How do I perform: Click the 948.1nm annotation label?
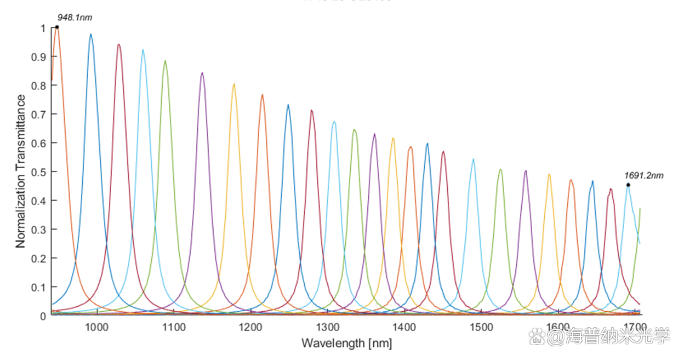point(75,18)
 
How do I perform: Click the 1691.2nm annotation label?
point(644,175)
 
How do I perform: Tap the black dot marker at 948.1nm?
point(57,27)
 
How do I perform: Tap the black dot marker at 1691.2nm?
point(628,185)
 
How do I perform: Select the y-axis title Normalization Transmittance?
point(21,171)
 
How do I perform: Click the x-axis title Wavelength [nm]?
point(346,344)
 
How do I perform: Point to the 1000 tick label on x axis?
point(96,327)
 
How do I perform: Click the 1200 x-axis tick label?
point(250,327)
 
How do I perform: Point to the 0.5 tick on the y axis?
point(39,172)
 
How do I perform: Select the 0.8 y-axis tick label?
point(39,85)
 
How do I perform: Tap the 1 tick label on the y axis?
point(43,27)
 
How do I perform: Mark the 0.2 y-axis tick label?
point(39,258)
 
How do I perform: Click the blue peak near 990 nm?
point(91,35)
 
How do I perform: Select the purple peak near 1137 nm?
point(202,73)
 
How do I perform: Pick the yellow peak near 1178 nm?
point(234,84)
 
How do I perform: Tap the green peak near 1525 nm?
point(500,170)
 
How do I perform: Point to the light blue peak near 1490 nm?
point(473,159)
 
